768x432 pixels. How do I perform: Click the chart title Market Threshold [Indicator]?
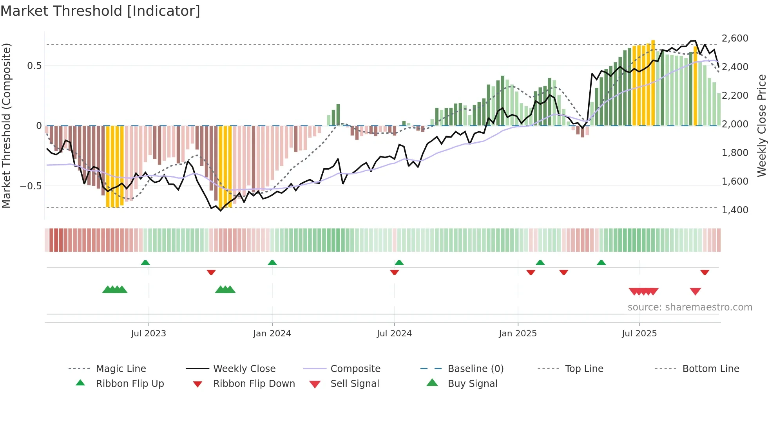[100, 11]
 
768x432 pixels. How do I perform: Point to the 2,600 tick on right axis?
[735, 38]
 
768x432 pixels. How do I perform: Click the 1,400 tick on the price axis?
[735, 210]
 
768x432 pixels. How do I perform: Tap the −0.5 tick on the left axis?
[31, 186]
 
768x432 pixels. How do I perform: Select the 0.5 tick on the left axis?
[34, 66]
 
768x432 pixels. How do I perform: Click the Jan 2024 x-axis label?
[272, 334]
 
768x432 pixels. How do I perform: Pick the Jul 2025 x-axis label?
[639, 334]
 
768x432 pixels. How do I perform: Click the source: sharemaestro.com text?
[690, 307]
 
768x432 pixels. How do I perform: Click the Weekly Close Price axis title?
[761, 125]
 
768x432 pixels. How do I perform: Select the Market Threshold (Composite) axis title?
[6, 125]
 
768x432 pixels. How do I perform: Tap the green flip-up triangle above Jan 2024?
[272, 263]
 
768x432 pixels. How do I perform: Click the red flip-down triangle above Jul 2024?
[395, 272]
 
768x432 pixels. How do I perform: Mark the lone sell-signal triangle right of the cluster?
[695, 291]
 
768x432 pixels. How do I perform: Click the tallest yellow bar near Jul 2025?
[653, 82]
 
